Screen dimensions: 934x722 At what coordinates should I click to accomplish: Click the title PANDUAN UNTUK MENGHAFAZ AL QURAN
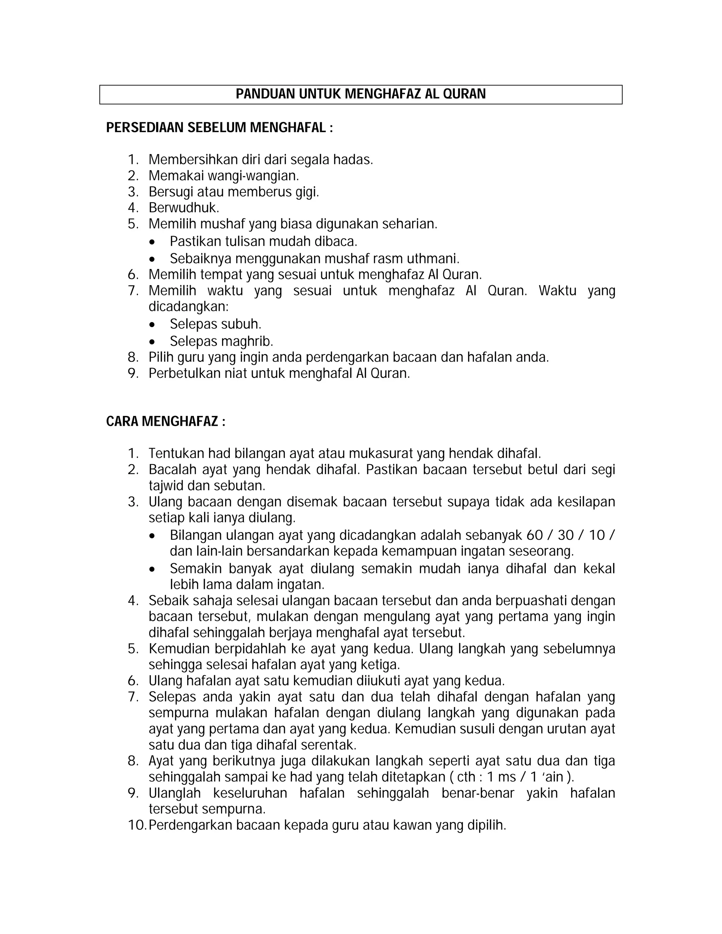point(361,94)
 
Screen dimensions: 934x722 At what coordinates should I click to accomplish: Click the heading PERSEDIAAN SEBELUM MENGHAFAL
point(219,128)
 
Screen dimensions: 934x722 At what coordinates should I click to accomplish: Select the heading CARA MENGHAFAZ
point(166,422)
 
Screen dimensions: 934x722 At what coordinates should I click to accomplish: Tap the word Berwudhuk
point(183,208)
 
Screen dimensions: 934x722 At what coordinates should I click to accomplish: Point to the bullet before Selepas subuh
point(153,325)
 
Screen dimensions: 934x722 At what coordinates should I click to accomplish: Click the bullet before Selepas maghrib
point(153,342)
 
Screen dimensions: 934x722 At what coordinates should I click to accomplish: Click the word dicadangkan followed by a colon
point(188,307)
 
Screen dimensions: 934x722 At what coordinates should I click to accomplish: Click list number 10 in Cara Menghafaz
point(136,825)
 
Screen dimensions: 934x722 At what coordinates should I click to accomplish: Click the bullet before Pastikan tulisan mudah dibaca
point(153,242)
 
